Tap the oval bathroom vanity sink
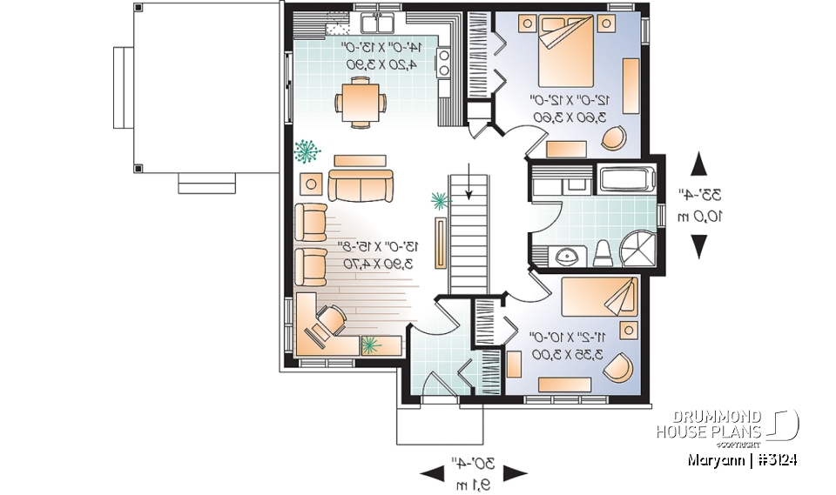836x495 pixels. pyautogui.click(x=566, y=256)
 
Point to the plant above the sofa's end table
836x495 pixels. pyautogui.click(x=306, y=152)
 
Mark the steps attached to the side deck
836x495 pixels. pyautogui.click(x=207, y=184)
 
